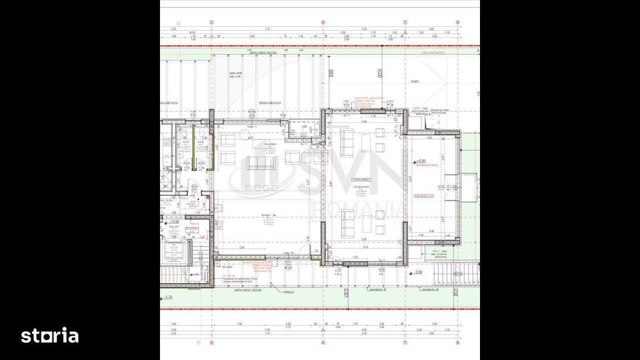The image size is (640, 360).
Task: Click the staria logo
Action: click(x=49, y=336)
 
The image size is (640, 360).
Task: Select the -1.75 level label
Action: click(x=169, y=297)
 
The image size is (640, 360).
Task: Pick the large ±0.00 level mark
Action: click(x=421, y=162)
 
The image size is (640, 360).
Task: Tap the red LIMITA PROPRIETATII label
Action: click(x=431, y=52)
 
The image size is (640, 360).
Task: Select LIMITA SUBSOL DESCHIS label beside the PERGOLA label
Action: click(x=247, y=290)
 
